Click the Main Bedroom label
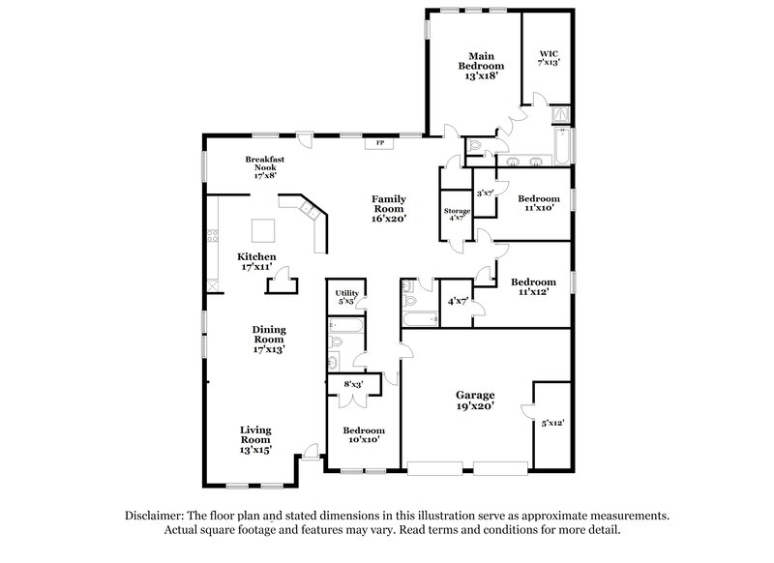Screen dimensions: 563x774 (482, 65)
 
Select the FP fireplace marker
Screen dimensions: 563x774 (380, 145)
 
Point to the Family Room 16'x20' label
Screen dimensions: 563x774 (389, 208)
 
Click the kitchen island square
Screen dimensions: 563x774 (263, 230)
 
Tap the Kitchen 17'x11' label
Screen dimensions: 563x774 (255, 260)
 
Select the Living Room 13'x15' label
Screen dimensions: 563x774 (255, 438)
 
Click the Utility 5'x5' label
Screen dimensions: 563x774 (345, 297)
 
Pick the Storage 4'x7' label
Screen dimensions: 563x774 (457, 215)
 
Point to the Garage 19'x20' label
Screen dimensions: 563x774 (475, 400)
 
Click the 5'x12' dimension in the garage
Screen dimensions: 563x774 (552, 423)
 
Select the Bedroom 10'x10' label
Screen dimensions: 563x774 (364, 434)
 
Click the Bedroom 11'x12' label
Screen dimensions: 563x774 (533, 286)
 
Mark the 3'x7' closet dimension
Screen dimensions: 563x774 (486, 193)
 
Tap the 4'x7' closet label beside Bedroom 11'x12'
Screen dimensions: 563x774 (458, 301)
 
